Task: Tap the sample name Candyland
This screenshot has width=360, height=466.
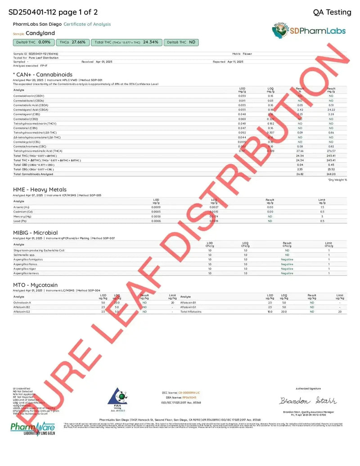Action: [x=40, y=33]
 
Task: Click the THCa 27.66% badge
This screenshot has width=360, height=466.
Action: [x=72, y=42]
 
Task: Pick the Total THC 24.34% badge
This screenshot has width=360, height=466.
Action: [x=126, y=42]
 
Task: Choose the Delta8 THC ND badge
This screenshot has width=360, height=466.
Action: [x=181, y=42]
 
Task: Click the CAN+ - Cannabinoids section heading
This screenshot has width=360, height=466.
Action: [x=43, y=75]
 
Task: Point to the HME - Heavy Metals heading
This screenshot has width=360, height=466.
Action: [x=40, y=190]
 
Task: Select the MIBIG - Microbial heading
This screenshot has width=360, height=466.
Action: [x=36, y=233]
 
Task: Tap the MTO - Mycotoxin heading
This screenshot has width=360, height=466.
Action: [x=36, y=285]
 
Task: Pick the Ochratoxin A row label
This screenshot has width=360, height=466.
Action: [x=22, y=303]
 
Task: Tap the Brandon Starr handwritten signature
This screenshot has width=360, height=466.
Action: [x=308, y=401]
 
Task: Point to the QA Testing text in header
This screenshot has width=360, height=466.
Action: [x=332, y=12]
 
